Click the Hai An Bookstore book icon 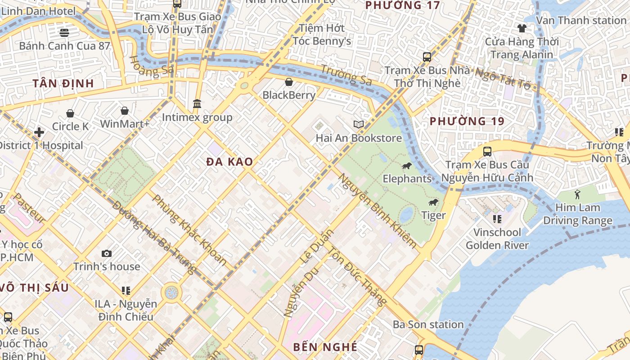[358, 125]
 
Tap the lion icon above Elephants [407, 166]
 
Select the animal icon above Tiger [433, 202]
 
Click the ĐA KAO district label [229, 162]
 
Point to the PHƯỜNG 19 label [467, 121]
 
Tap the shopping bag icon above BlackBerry [289, 82]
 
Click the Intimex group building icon [197, 104]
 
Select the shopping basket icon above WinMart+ [125, 111]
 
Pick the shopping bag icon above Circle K [70, 113]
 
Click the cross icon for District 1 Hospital [39, 132]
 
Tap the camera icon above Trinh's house [107, 253]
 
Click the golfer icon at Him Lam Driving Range [577, 194]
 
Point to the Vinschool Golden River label [497, 239]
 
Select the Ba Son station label [428, 324]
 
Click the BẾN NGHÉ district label [325, 347]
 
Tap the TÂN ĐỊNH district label [63, 83]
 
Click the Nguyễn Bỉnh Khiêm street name [378, 211]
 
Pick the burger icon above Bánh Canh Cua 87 [64, 32]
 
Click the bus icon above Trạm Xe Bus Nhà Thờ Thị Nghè [427, 57]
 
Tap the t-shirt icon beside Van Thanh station [522, 28]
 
